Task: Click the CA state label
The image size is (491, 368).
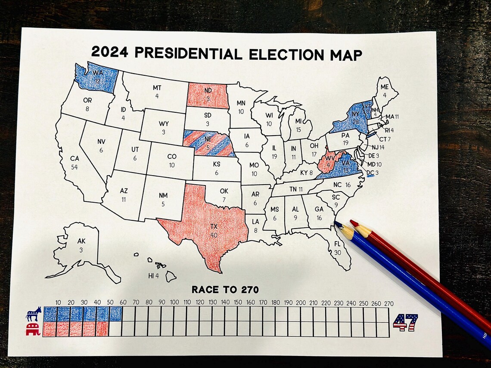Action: point(75,158)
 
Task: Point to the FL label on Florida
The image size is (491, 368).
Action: point(337,244)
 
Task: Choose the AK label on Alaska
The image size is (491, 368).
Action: point(81,241)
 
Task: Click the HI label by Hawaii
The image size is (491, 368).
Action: point(151,275)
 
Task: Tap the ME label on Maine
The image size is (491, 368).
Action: point(384,87)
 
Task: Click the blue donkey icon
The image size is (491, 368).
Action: point(34,314)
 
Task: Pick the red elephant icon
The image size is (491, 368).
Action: point(33,330)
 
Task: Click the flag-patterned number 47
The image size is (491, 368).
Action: point(405,323)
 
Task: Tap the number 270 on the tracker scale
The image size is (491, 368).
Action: point(388,303)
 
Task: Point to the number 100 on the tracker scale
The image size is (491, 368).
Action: point(174,303)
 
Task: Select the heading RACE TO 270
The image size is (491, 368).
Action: point(225,290)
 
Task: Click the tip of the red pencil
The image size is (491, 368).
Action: point(351,222)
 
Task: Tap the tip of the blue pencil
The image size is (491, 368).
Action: point(336,223)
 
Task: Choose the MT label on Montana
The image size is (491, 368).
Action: point(157,88)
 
